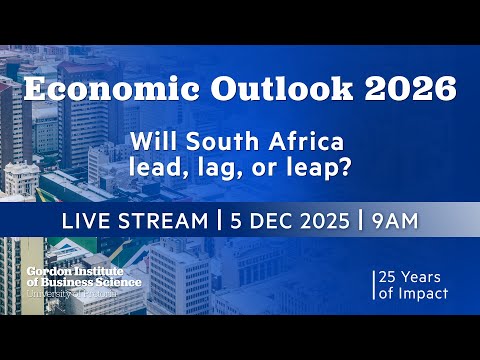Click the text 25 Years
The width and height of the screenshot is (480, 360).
coord(412,276)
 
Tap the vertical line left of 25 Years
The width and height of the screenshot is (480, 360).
coord(372,285)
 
